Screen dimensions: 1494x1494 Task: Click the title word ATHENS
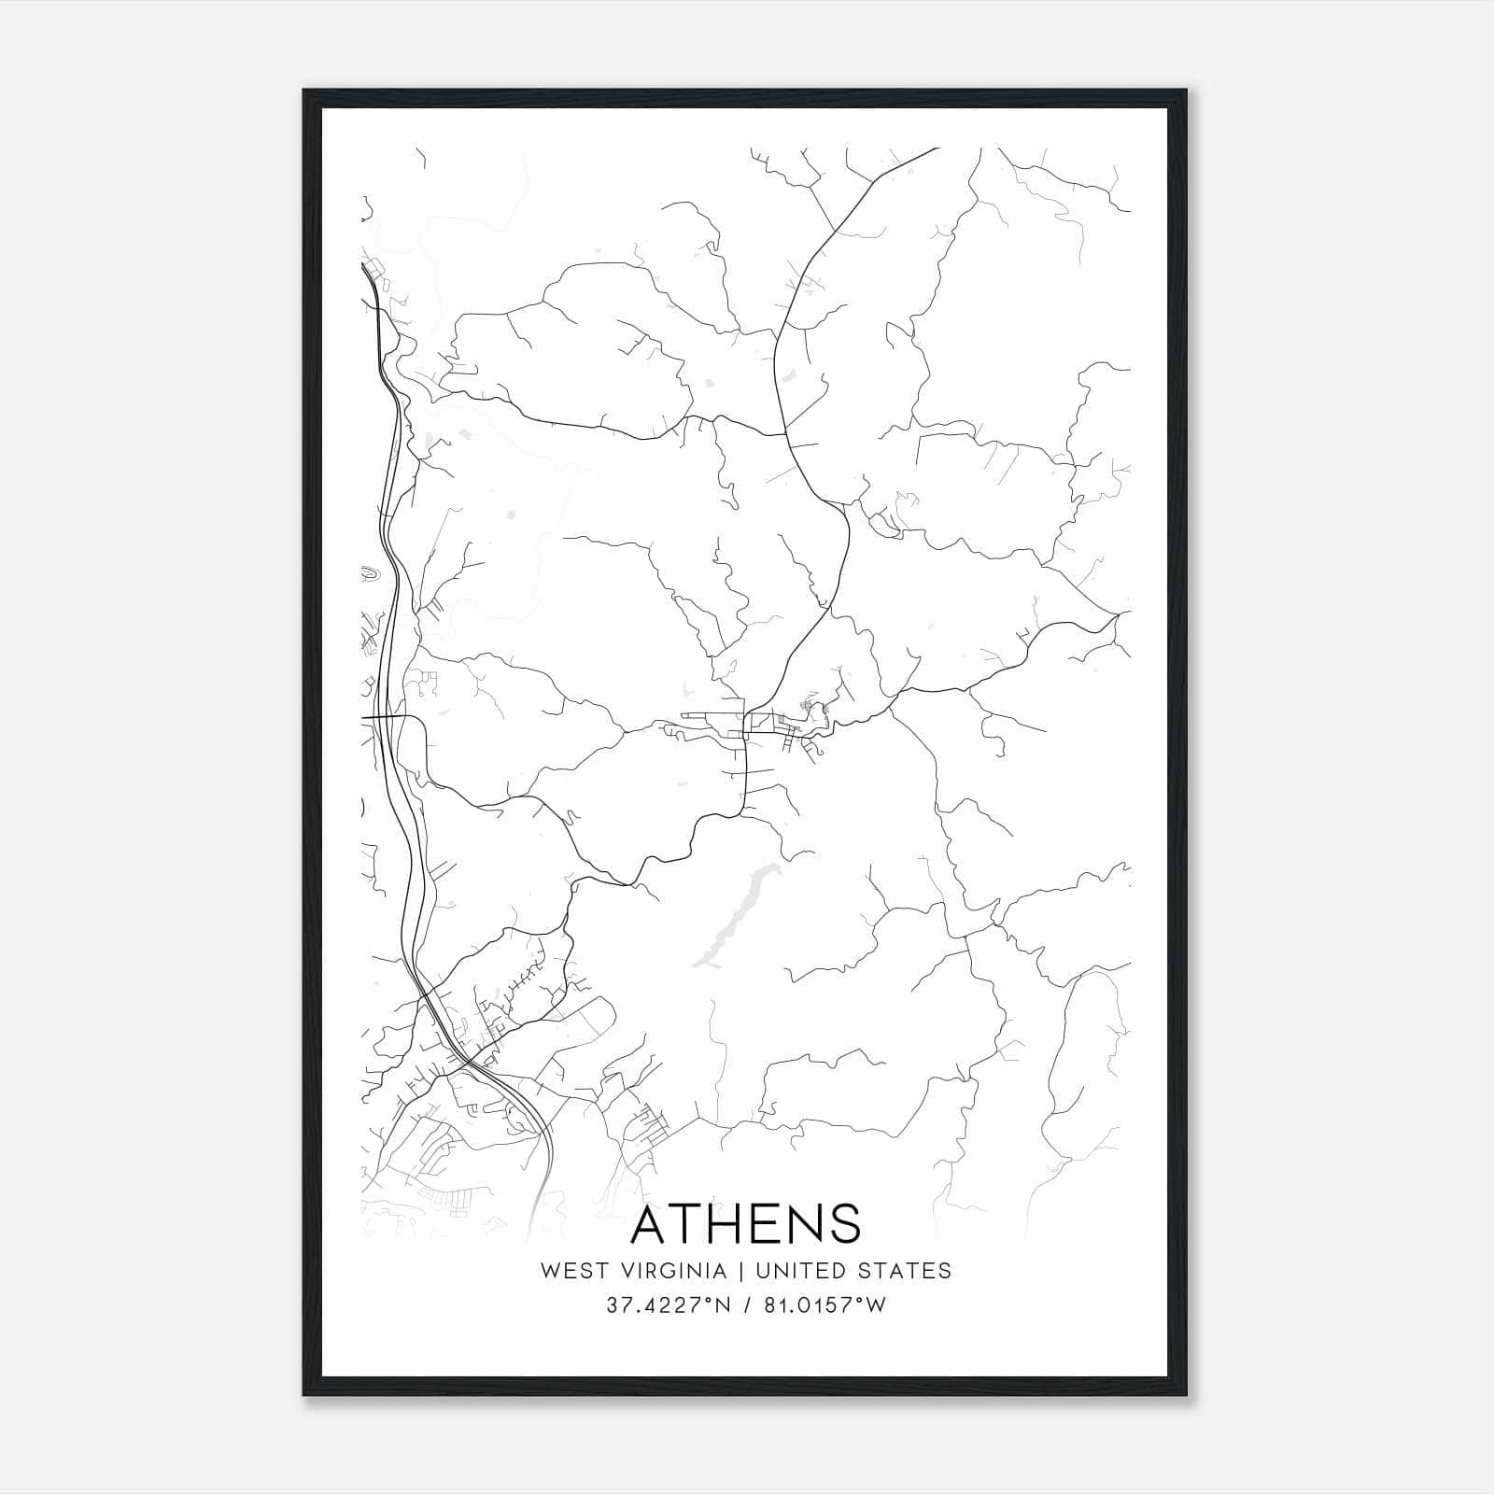(745, 1224)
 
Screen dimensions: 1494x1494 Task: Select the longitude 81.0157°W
(825, 1305)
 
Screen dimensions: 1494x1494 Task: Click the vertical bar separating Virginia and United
(740, 1271)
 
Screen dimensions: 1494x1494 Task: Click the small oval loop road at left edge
(370, 575)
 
